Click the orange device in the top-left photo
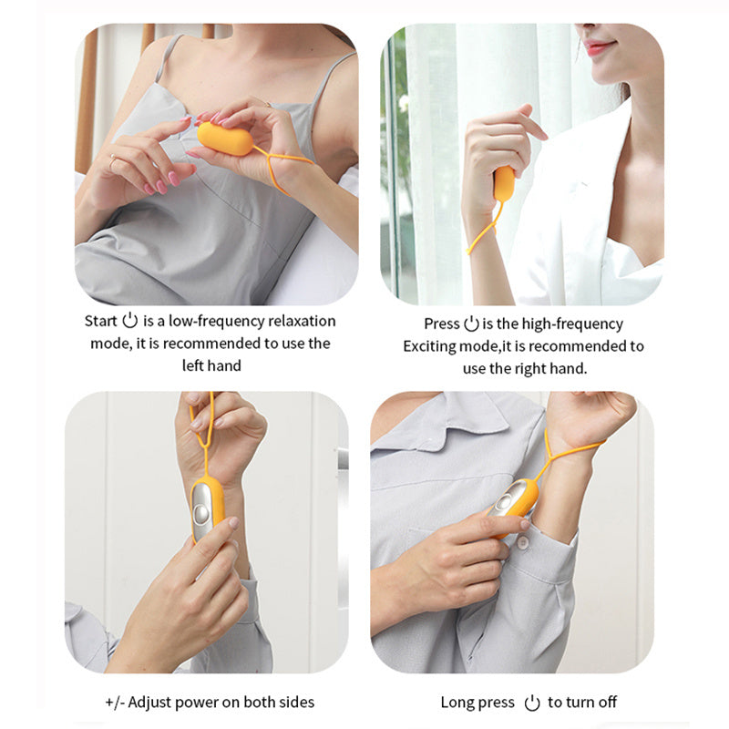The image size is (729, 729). [x=226, y=139]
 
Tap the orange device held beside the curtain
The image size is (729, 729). [x=504, y=183]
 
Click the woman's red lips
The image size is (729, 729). [x=599, y=48]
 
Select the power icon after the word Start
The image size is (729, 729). [x=130, y=320]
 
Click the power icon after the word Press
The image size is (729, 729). [x=471, y=323]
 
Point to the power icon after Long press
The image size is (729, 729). [x=532, y=702]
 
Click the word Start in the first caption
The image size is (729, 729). [x=100, y=321]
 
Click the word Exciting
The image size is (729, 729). [x=429, y=346]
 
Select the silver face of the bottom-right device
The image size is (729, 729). [x=510, y=498]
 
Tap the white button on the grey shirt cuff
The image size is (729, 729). [x=523, y=544]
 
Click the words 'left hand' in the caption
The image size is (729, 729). [x=210, y=365]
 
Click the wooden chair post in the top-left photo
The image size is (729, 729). [x=87, y=100]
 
